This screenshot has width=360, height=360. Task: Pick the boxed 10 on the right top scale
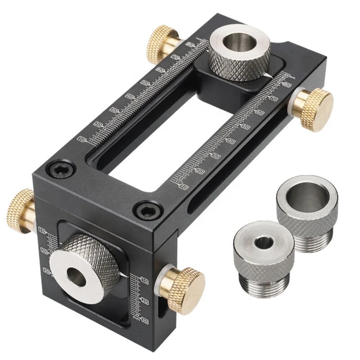184,186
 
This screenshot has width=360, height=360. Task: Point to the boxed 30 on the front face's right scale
144,320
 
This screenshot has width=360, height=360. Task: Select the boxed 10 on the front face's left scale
44,231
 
